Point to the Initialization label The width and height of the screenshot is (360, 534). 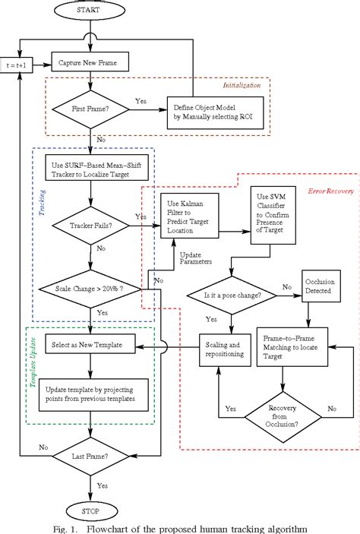click(242, 85)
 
